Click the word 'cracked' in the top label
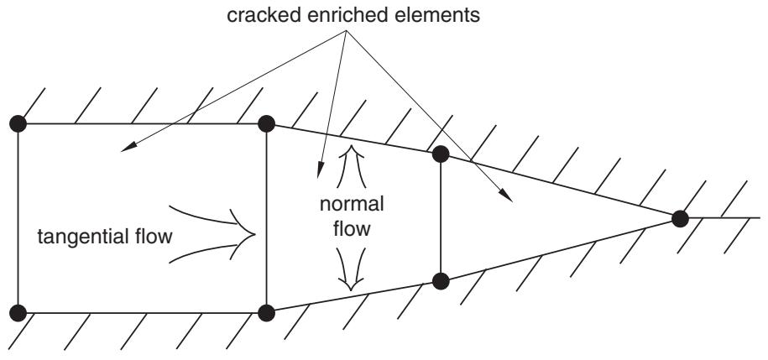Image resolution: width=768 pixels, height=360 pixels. tap(256, 15)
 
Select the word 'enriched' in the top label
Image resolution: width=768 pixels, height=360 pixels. tap(326, 15)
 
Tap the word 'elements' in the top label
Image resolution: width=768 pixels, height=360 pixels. tap(423, 15)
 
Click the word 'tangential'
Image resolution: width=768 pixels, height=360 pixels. tap(76, 237)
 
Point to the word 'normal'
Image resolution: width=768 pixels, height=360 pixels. tap(352, 204)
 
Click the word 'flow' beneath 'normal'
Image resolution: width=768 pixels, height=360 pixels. tap(352, 228)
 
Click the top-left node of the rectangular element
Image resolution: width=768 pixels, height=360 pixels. tap(18, 123)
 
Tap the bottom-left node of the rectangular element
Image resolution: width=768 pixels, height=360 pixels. tap(18, 312)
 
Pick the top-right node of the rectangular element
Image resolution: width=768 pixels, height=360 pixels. tap(266, 123)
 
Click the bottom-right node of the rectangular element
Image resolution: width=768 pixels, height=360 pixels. tap(266, 312)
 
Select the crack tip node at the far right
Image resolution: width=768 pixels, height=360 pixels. tap(680, 218)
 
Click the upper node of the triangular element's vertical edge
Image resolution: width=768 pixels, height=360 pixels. tap(441, 154)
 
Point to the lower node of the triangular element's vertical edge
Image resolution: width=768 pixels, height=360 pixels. tap(441, 281)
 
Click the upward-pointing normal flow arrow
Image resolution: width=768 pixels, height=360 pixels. tap(351, 166)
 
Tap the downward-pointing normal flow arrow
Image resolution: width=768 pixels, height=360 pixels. tap(351, 269)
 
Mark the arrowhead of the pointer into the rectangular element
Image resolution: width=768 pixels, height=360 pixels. tap(128, 148)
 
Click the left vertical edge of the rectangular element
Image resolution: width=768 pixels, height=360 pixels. tap(18, 218)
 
